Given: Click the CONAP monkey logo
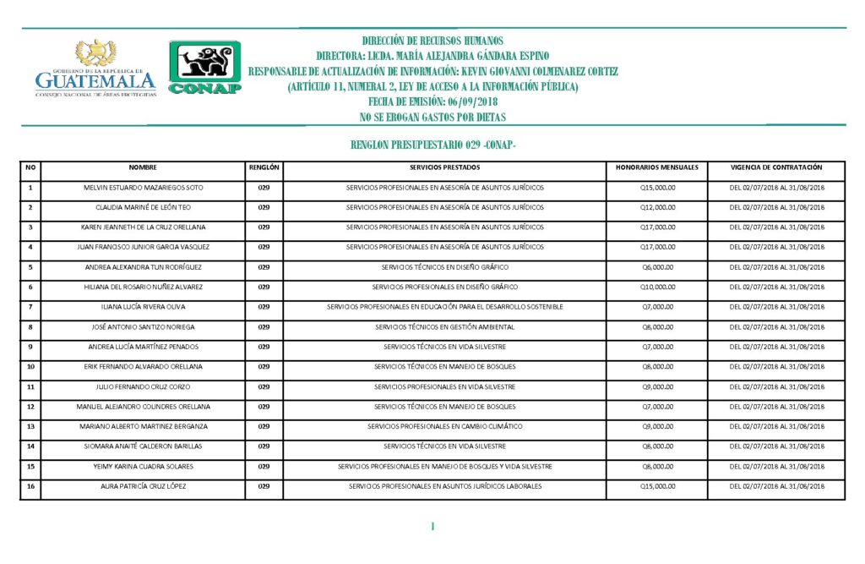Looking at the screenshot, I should pos(205,67).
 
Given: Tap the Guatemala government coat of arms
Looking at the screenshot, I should pos(96,52).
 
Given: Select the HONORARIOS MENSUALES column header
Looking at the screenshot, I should pos(657,167).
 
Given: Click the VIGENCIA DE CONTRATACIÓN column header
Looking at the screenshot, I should pos(776,167).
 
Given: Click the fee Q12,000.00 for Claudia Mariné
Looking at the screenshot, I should pos(658,207).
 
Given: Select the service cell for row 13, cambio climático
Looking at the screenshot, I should pos(444,426).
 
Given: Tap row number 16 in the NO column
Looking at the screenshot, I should pos(30,486).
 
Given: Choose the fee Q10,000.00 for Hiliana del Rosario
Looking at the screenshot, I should pos(658,287).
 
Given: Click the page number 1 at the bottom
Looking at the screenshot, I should pos(432,527).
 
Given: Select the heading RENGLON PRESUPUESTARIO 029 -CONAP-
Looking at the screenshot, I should pos(432,145).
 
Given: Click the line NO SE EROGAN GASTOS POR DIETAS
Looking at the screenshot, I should pos(432,117).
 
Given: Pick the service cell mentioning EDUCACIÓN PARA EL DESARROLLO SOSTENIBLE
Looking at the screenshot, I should pos(444,306).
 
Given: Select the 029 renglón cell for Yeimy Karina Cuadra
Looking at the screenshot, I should pos(264,466).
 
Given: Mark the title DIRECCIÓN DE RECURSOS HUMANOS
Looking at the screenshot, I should pos(432,41).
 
